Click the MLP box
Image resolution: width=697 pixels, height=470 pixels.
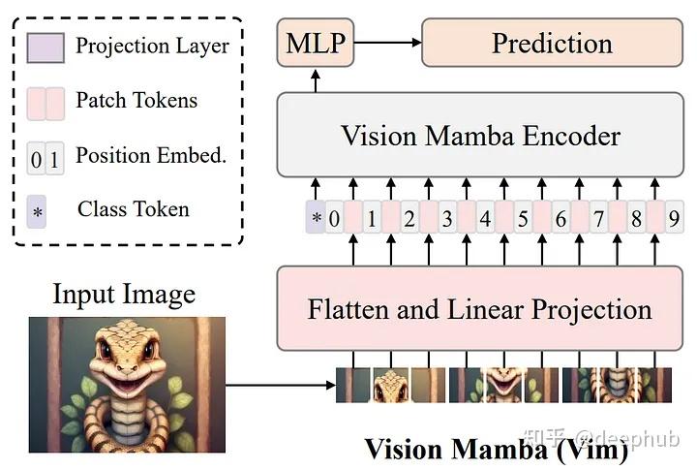click(x=317, y=43)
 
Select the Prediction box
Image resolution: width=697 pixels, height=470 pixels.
click(x=552, y=43)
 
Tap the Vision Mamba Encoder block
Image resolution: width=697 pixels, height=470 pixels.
click(x=479, y=135)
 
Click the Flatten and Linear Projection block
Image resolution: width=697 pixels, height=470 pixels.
click(x=479, y=309)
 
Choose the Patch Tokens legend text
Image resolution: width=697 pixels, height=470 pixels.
click(x=136, y=100)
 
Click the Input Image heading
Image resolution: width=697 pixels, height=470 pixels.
click(x=124, y=294)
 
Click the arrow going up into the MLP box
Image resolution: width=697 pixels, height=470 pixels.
click(x=317, y=82)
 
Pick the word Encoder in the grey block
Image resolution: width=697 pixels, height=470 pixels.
click(x=566, y=135)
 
